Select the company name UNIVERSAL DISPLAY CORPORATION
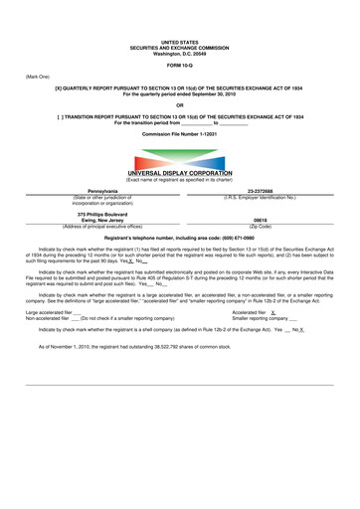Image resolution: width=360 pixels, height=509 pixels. pos(179,173)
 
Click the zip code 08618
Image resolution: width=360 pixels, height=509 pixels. pos(261,221)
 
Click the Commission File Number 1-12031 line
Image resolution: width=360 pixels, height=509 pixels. pos(179,132)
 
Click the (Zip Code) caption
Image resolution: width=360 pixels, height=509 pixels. pos(261,227)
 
